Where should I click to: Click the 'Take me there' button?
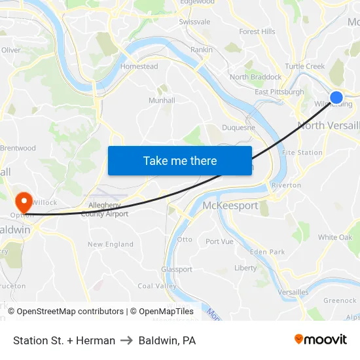(x=180, y=160)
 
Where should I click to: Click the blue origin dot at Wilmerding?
(x=336, y=98)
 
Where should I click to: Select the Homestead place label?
(x=139, y=66)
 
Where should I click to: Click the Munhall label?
(x=162, y=100)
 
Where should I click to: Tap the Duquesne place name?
(x=238, y=128)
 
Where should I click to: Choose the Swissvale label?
(x=194, y=22)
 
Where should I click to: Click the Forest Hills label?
(x=257, y=31)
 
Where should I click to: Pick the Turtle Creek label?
(x=304, y=66)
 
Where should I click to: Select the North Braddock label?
(x=255, y=77)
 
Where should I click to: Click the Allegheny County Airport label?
(x=105, y=209)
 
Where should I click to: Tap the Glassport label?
(x=177, y=269)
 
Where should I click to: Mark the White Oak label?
(x=335, y=237)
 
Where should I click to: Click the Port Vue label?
(x=219, y=242)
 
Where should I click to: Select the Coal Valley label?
(x=157, y=286)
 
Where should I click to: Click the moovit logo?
(x=321, y=339)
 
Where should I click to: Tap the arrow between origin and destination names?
(x=127, y=340)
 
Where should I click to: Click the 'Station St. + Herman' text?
(x=64, y=340)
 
